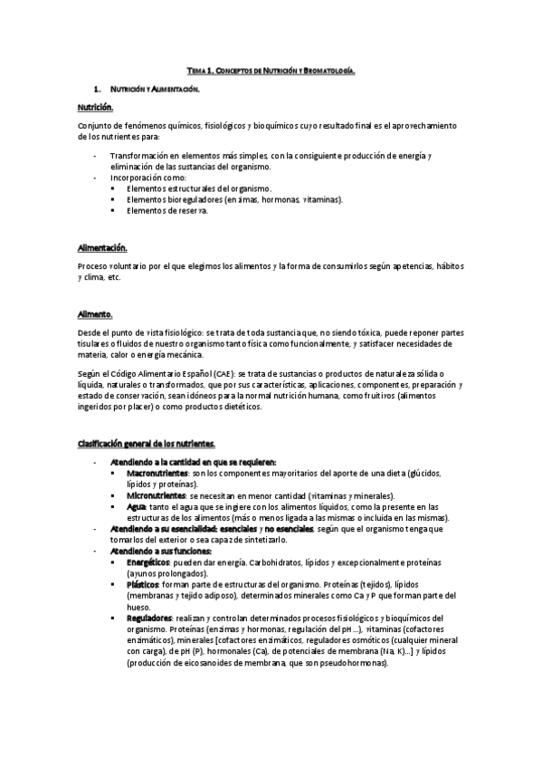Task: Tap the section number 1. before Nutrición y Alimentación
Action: click(97, 91)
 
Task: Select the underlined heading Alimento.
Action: click(95, 313)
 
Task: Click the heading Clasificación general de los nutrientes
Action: click(146, 443)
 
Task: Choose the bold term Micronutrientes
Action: click(151, 496)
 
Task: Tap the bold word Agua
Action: click(136, 507)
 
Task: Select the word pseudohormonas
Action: click(354, 663)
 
